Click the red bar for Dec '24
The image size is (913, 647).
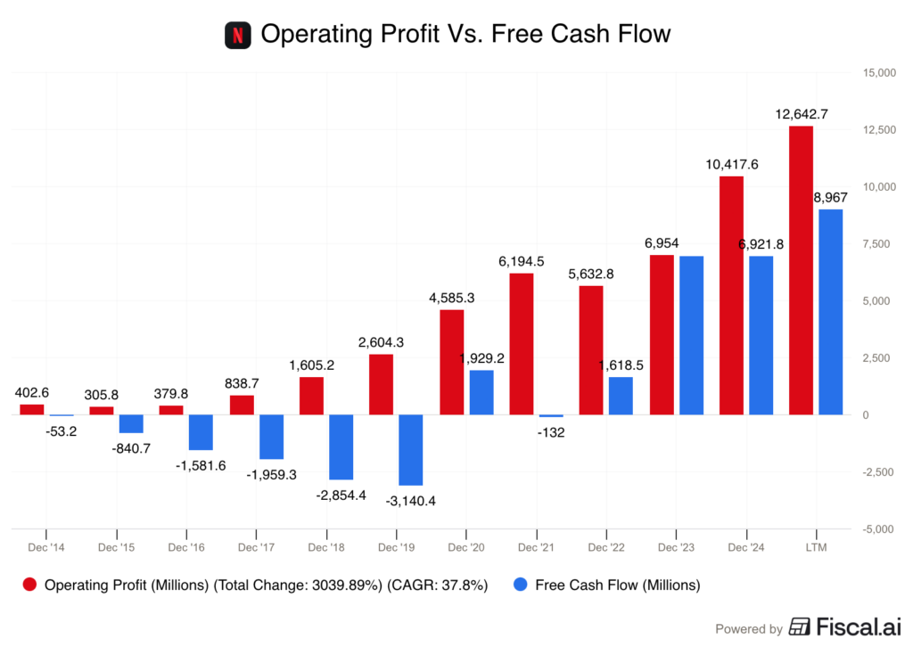click(x=731, y=295)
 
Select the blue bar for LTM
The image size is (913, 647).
click(x=830, y=312)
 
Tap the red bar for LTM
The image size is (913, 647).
click(x=801, y=269)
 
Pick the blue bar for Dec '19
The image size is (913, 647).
click(x=410, y=450)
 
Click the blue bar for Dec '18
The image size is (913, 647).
click(x=341, y=447)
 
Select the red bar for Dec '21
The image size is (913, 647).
click(x=522, y=343)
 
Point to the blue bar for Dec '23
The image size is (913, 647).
click(x=691, y=334)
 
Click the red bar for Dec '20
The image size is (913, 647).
click(x=452, y=361)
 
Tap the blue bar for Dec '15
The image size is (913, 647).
click(x=131, y=424)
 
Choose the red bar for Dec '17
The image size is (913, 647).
click(x=242, y=404)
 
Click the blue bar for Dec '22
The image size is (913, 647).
click(x=620, y=396)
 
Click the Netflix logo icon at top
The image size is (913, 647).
click(x=237, y=36)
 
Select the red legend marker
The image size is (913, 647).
click(x=29, y=584)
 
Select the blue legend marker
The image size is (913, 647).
click(x=521, y=584)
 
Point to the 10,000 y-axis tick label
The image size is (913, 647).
click(x=878, y=186)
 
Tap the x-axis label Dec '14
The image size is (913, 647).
click(x=46, y=547)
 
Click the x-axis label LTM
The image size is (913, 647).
click(x=816, y=547)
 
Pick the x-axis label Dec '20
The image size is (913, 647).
click(x=465, y=547)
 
